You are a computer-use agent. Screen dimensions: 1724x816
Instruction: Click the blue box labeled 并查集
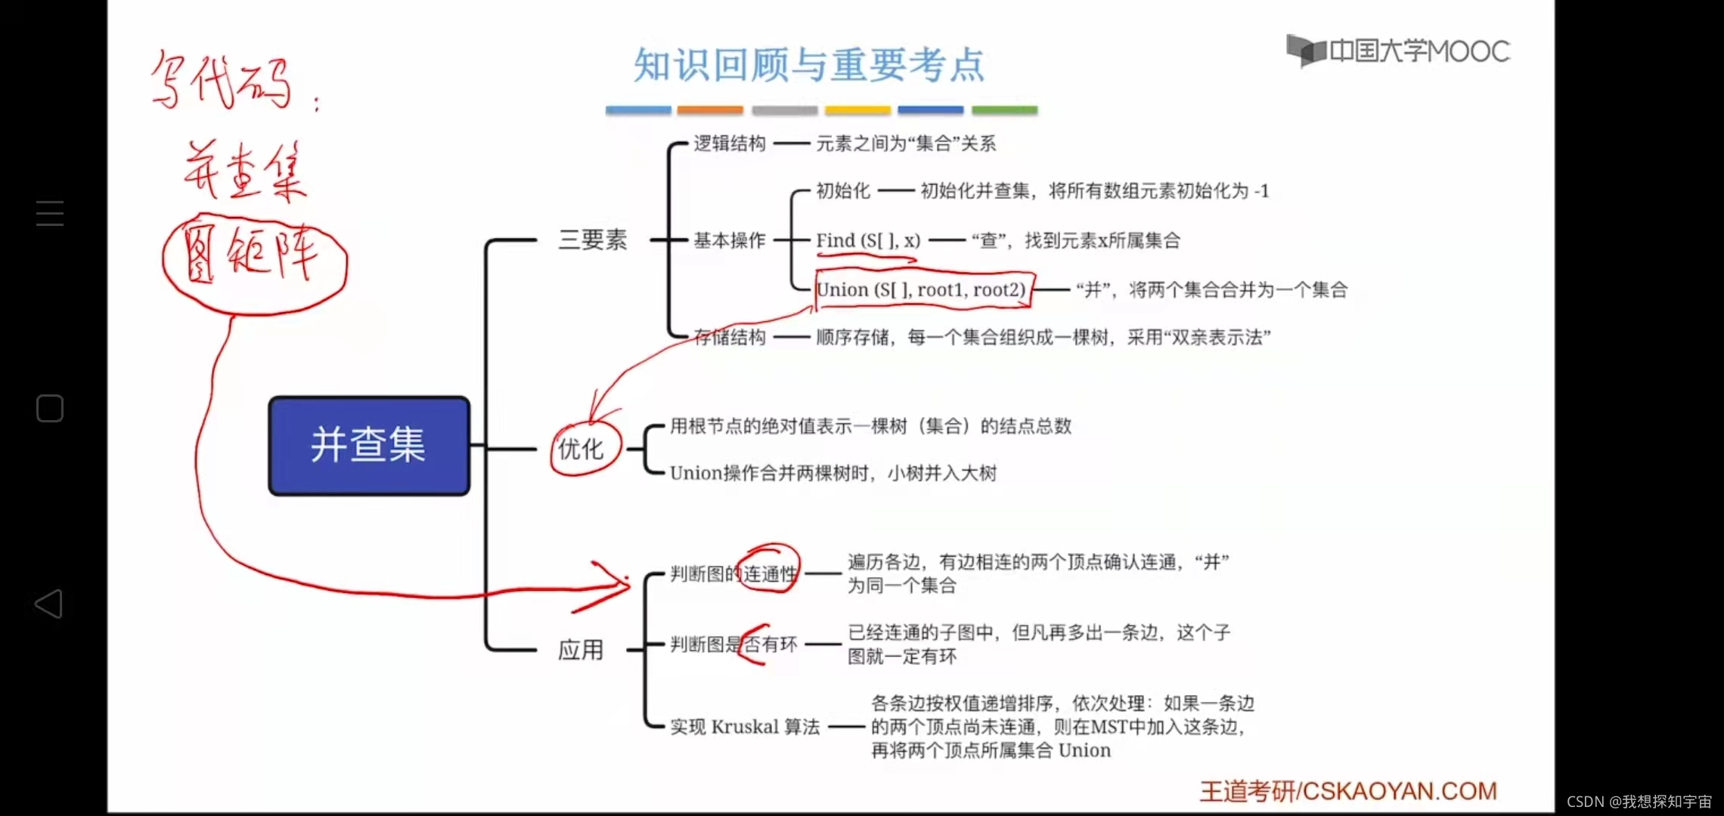(x=369, y=445)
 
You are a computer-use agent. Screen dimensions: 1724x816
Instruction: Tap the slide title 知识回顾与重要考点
(x=809, y=65)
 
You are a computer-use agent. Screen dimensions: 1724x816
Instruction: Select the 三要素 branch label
(x=592, y=240)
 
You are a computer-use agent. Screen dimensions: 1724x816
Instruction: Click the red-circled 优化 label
(x=581, y=449)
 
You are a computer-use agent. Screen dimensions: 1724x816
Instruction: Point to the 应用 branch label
(x=581, y=650)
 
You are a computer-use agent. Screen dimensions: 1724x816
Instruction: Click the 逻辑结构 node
(x=730, y=144)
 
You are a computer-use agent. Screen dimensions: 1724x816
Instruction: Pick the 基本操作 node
(x=730, y=240)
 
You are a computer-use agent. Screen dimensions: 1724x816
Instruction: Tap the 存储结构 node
(x=730, y=337)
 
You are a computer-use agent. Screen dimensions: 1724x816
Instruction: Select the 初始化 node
(x=843, y=190)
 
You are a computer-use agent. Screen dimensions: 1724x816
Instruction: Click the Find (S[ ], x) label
(x=868, y=240)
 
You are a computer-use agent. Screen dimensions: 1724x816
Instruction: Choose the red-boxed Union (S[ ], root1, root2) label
(x=921, y=289)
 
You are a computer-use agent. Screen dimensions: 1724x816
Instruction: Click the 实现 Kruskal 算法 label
(x=745, y=727)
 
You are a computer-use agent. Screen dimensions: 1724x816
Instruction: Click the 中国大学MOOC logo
(x=1398, y=51)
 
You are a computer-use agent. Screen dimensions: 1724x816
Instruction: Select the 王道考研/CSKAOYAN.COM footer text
(x=1348, y=790)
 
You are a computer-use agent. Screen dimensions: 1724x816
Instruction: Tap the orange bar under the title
(x=710, y=110)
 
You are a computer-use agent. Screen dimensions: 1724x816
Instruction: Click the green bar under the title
(x=1004, y=110)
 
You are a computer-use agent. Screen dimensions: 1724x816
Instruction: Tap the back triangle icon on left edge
(x=49, y=604)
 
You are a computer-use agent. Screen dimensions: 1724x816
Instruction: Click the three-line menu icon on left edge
(x=50, y=214)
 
